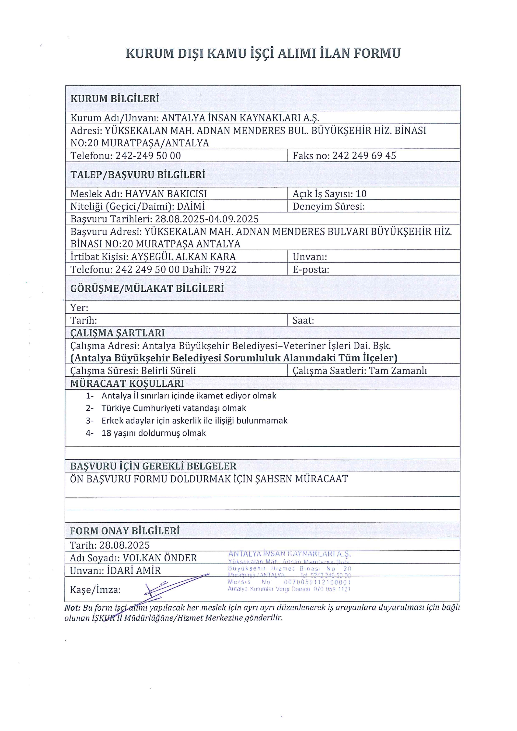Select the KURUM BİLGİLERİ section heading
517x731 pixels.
(115, 99)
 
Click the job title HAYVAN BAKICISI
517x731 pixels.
(166, 194)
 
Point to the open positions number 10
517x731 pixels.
(361, 194)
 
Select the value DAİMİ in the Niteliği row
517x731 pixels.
(191, 207)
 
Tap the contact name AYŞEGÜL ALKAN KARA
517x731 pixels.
(183, 257)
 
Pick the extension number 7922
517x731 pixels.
(225, 270)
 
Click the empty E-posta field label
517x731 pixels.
(311, 270)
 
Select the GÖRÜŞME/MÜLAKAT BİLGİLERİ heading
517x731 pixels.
(147, 289)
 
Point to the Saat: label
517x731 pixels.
(303, 320)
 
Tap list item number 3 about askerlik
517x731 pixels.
(194, 421)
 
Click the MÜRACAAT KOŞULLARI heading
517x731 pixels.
(127, 383)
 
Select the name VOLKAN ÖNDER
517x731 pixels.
(160, 558)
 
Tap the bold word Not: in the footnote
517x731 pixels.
(72, 608)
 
